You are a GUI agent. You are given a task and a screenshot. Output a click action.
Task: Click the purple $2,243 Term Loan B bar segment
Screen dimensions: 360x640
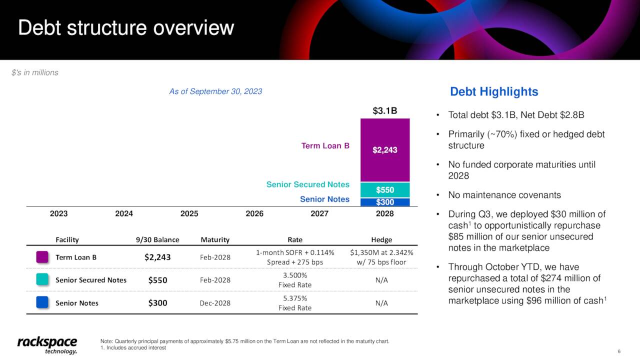[384, 150]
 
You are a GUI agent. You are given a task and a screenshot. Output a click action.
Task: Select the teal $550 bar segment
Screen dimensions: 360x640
[384, 190]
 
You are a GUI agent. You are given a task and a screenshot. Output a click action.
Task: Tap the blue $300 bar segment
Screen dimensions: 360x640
[384, 202]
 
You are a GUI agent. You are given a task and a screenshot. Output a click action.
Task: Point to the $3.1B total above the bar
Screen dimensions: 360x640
[384, 110]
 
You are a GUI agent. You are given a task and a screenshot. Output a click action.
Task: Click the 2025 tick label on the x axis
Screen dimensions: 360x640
[189, 213]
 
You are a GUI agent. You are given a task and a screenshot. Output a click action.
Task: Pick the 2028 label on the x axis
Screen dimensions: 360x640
[384, 213]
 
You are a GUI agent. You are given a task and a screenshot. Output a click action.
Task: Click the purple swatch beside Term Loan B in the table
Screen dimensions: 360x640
[42, 257]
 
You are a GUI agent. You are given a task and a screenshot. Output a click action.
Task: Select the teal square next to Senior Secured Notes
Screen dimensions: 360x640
[42, 279]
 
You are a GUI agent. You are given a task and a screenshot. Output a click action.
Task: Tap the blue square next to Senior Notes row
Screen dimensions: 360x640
[42, 302]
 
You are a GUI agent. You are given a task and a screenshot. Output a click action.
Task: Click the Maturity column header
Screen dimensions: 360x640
[214, 239]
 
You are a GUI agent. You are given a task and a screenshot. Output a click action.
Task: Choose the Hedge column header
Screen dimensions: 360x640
[381, 239]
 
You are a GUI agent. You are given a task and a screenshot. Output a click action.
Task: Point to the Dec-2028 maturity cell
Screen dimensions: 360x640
[215, 303]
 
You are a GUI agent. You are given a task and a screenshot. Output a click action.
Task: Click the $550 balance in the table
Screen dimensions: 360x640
[157, 280]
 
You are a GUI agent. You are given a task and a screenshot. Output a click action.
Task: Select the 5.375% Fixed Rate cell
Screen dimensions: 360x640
[294, 303]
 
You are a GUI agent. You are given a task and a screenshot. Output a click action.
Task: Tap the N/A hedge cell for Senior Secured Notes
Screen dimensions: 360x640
[381, 280]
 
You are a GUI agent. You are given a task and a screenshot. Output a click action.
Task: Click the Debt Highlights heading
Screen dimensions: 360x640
[494, 92]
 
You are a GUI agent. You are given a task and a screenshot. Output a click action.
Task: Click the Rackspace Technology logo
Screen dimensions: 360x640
[47, 345]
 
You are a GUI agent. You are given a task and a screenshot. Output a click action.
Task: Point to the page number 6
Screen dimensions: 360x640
[619, 351]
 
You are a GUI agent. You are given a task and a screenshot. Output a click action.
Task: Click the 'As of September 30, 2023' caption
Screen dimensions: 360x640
[215, 91]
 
